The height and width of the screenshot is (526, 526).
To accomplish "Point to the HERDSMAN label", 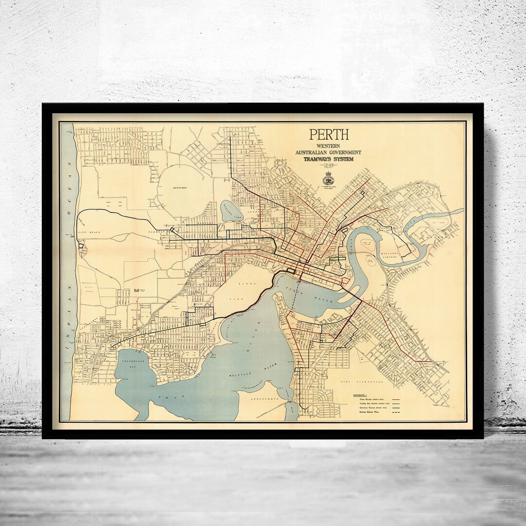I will [180, 188].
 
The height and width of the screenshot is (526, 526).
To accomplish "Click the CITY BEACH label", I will [89, 233].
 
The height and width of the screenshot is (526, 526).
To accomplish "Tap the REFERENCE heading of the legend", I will [359, 394].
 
